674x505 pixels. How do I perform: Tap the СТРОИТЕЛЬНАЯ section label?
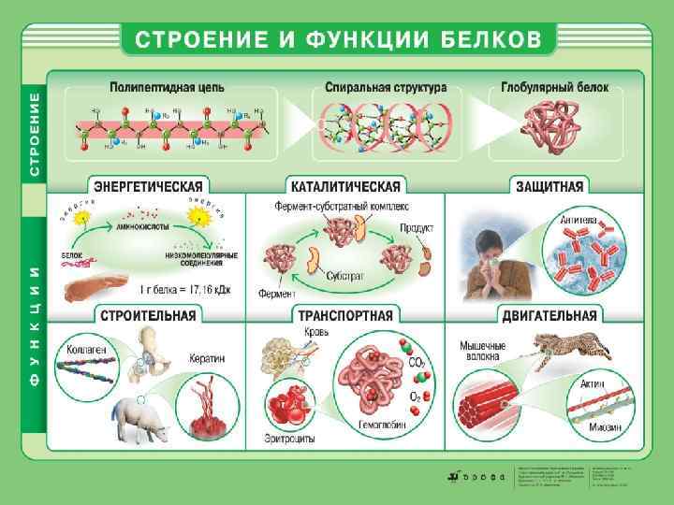tap(150, 314)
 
